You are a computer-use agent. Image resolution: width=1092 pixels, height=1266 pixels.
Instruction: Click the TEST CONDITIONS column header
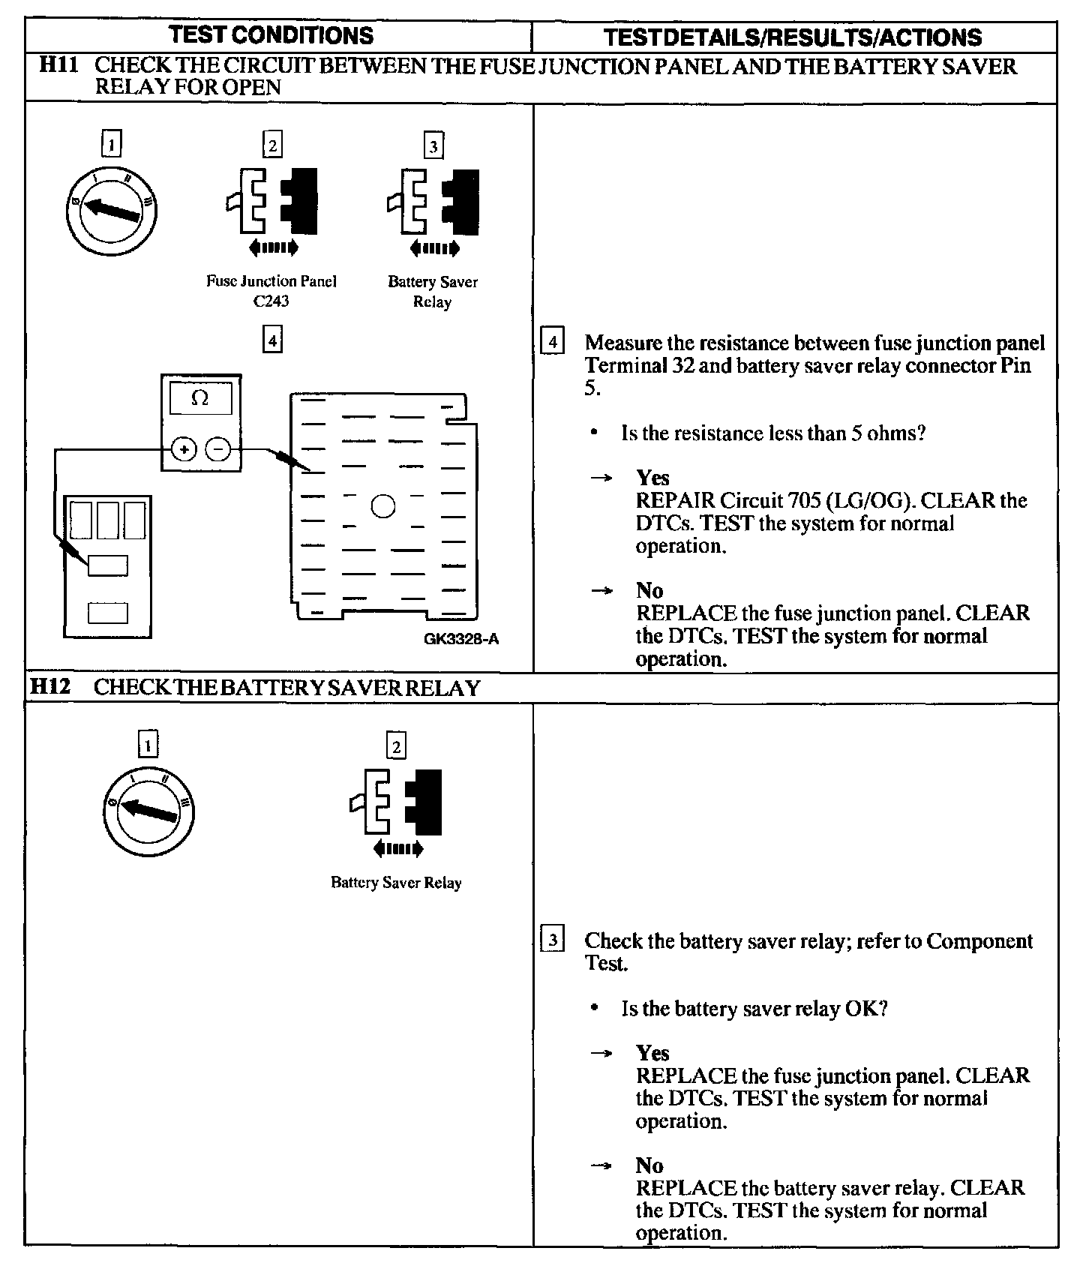271,35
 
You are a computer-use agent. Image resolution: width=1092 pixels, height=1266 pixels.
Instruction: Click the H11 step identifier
58,66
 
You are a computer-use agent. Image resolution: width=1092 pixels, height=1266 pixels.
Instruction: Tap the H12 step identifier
50,687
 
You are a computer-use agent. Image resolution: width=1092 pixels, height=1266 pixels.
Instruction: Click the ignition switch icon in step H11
112,209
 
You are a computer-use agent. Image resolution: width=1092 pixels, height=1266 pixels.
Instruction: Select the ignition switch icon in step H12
149,811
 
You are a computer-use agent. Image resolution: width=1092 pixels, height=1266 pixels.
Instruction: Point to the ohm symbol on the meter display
200,398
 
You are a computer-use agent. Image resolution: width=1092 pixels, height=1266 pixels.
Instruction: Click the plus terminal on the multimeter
184,449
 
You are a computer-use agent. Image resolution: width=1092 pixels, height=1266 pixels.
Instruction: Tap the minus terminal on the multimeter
218,449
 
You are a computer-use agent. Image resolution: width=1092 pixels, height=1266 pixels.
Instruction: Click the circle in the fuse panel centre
383,507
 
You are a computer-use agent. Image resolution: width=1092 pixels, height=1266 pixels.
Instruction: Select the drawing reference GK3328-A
461,639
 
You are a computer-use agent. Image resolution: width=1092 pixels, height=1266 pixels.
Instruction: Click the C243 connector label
271,301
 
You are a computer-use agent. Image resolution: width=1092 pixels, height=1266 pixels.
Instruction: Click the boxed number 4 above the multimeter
272,341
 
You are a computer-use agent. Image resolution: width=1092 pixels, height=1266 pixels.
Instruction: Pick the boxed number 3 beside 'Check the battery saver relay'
553,940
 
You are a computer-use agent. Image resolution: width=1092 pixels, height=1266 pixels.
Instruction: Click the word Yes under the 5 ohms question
652,478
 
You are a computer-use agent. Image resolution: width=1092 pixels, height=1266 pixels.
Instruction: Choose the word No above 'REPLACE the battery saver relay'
649,1165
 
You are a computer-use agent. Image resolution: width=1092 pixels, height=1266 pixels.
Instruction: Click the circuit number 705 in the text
804,500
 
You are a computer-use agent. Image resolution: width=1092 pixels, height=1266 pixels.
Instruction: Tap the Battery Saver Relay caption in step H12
396,883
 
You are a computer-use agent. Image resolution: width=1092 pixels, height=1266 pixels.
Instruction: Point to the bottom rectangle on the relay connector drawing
108,613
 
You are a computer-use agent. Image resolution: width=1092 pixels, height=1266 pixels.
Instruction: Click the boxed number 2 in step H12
396,746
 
